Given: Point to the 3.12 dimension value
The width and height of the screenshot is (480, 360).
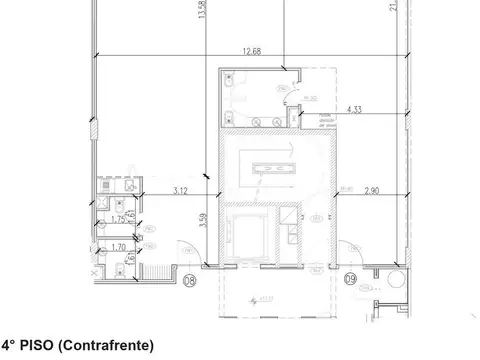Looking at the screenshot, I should (180, 189).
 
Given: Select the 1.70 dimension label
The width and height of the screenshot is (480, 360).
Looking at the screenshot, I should (117, 246).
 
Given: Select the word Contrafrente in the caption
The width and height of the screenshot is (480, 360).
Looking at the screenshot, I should (112, 346).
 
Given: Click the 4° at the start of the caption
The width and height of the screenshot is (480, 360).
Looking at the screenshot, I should (9, 346).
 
